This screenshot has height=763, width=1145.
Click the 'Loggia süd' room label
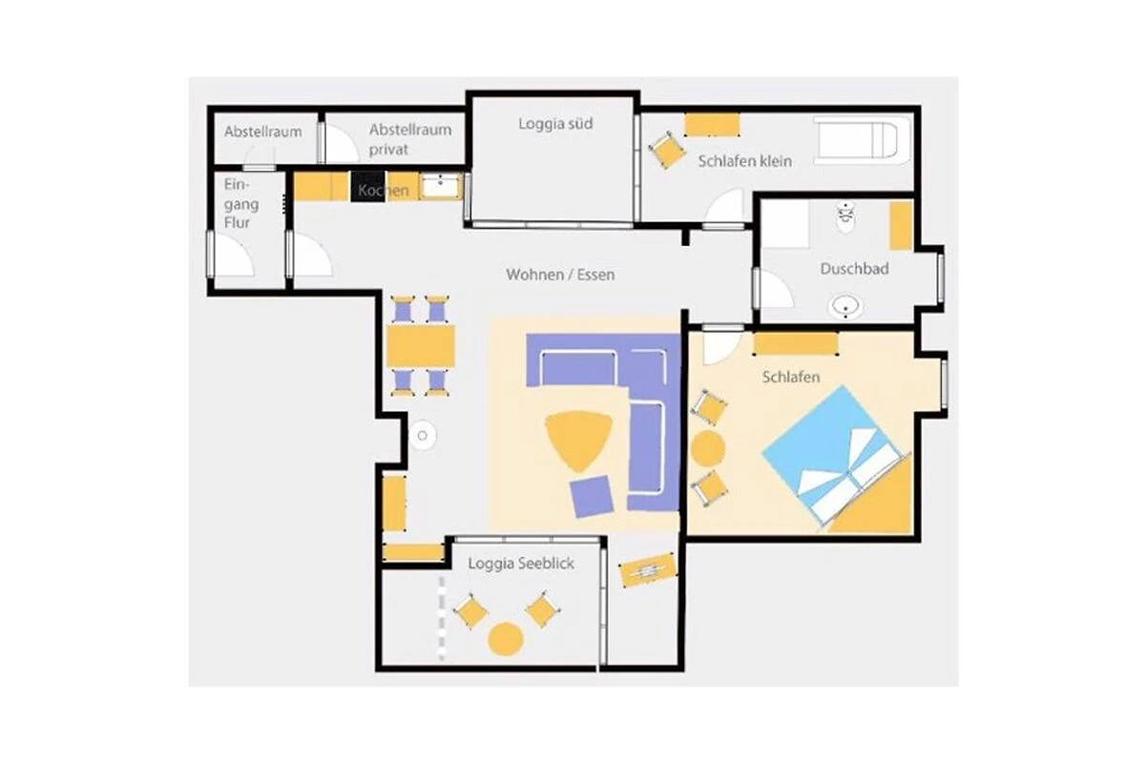[555, 124]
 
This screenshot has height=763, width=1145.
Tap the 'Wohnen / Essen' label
[560, 275]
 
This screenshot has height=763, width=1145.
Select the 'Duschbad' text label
[854, 269]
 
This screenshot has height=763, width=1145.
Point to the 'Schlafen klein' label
[745, 161]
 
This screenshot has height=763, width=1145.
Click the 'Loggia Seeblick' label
[521, 563]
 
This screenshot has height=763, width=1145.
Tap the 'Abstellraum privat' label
[410, 139]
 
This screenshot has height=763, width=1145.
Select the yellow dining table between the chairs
[421, 346]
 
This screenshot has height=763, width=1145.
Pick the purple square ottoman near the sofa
[592, 496]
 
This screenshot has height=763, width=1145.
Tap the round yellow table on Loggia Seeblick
[506, 639]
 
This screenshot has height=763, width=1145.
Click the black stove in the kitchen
[367, 187]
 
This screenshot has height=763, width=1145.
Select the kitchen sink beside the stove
[441, 186]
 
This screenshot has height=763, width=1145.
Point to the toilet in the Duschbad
[846, 217]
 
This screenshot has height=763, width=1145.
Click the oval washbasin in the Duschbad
[845, 307]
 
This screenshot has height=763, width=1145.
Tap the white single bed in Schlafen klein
[862, 139]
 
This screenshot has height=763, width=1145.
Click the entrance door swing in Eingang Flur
[233, 255]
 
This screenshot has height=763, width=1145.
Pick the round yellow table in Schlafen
[707, 448]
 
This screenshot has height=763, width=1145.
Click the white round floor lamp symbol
[422, 436]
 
